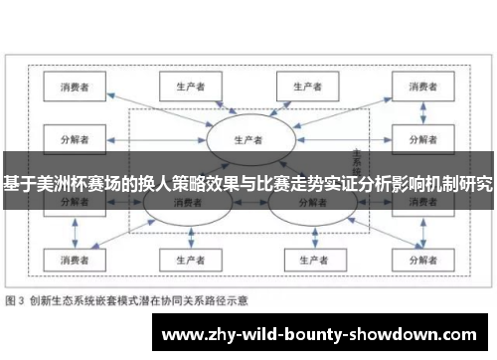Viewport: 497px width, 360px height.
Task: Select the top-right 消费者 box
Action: click(x=417, y=87)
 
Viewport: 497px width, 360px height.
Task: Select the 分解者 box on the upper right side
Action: click(x=417, y=138)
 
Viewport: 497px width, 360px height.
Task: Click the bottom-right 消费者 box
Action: click(x=417, y=260)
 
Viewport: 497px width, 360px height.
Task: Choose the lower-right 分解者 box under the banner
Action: click(x=417, y=202)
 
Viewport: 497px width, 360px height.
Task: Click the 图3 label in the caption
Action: click(x=17, y=298)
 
